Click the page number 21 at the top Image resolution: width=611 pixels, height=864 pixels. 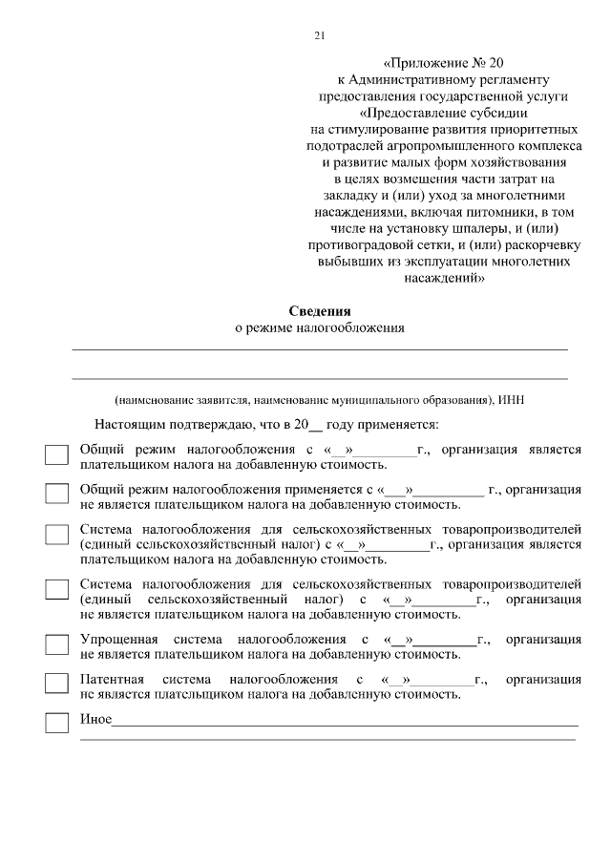tap(319, 36)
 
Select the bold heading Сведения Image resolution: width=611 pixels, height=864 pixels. tap(320, 310)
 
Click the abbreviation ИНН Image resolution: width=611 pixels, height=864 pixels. tap(512, 399)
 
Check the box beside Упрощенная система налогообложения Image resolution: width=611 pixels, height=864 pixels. tap(57, 644)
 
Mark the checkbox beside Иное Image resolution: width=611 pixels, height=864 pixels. tap(57, 723)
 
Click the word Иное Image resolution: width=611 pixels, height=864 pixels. tap(95, 718)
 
